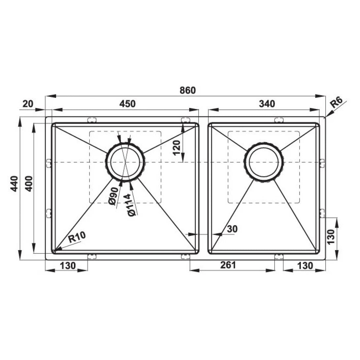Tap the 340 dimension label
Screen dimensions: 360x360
[267, 104]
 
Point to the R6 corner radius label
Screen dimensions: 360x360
[337, 103]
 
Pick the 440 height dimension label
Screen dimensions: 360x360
[14, 188]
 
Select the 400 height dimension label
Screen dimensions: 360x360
[28, 188]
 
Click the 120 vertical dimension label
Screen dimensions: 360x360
[177, 147]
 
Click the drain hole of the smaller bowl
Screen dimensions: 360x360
[264, 162]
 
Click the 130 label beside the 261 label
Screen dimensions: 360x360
[305, 265]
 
